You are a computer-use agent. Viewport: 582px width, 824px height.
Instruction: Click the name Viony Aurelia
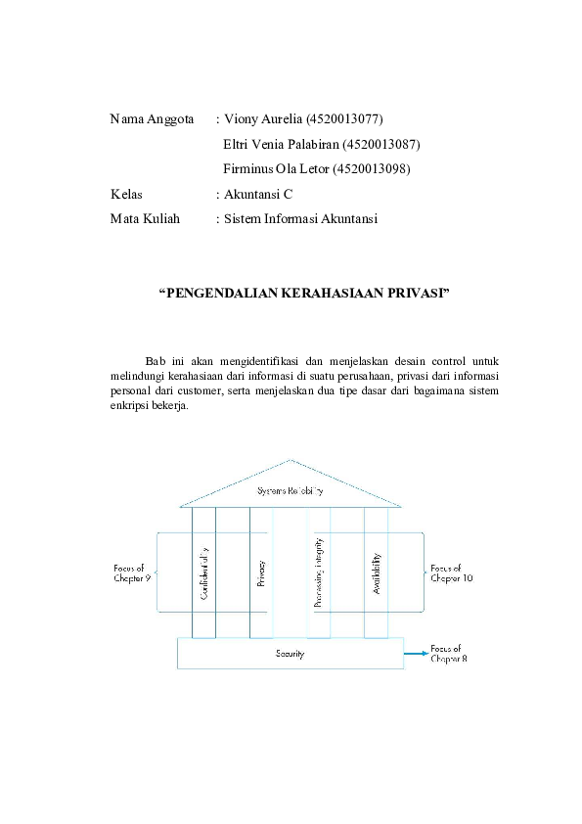pyautogui.click(x=262, y=119)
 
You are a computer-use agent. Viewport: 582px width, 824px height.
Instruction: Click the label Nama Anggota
pyautogui.click(x=152, y=119)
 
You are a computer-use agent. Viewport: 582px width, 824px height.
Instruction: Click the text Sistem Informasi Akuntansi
pyautogui.click(x=300, y=219)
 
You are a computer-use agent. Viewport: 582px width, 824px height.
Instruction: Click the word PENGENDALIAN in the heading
pyautogui.click(x=208, y=293)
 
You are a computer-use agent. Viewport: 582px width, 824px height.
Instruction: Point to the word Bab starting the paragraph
pyautogui.click(x=155, y=361)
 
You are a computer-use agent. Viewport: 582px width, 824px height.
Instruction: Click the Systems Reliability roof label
pyautogui.click(x=290, y=490)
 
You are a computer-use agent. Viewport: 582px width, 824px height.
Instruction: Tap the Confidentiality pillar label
pyautogui.click(x=204, y=572)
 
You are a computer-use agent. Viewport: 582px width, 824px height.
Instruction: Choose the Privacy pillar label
pyautogui.click(x=261, y=572)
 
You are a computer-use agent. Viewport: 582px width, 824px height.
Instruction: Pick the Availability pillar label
pyautogui.click(x=377, y=572)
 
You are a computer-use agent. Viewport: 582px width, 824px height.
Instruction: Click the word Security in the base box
pyautogui.click(x=290, y=653)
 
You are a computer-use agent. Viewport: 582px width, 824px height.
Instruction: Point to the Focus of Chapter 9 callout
pyautogui.click(x=132, y=572)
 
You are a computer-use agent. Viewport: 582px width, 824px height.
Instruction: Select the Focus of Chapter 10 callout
pyautogui.click(x=451, y=572)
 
